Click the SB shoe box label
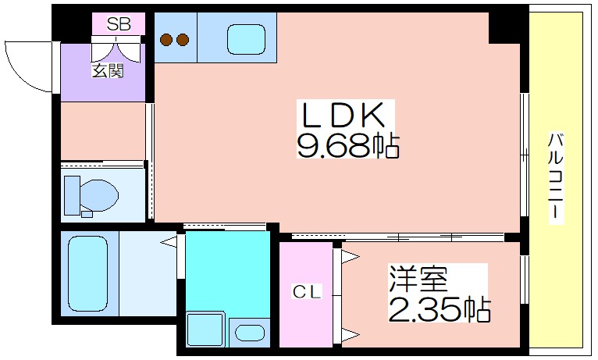coord(119,24)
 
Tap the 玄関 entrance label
coord(108,71)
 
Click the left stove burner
coord(166,39)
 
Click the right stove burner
coord(183,39)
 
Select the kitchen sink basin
coord(247,39)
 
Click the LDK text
coord(343,116)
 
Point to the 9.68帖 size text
coord(348,145)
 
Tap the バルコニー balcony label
coord(556,176)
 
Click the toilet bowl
coord(99,194)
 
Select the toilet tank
coord(72,195)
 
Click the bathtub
coord(87,273)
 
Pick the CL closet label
coord(307,292)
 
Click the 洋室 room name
coord(418,278)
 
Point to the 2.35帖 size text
coord(440,309)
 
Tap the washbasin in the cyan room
coord(250,333)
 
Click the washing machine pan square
coord(206,330)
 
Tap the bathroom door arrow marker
coord(169,242)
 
